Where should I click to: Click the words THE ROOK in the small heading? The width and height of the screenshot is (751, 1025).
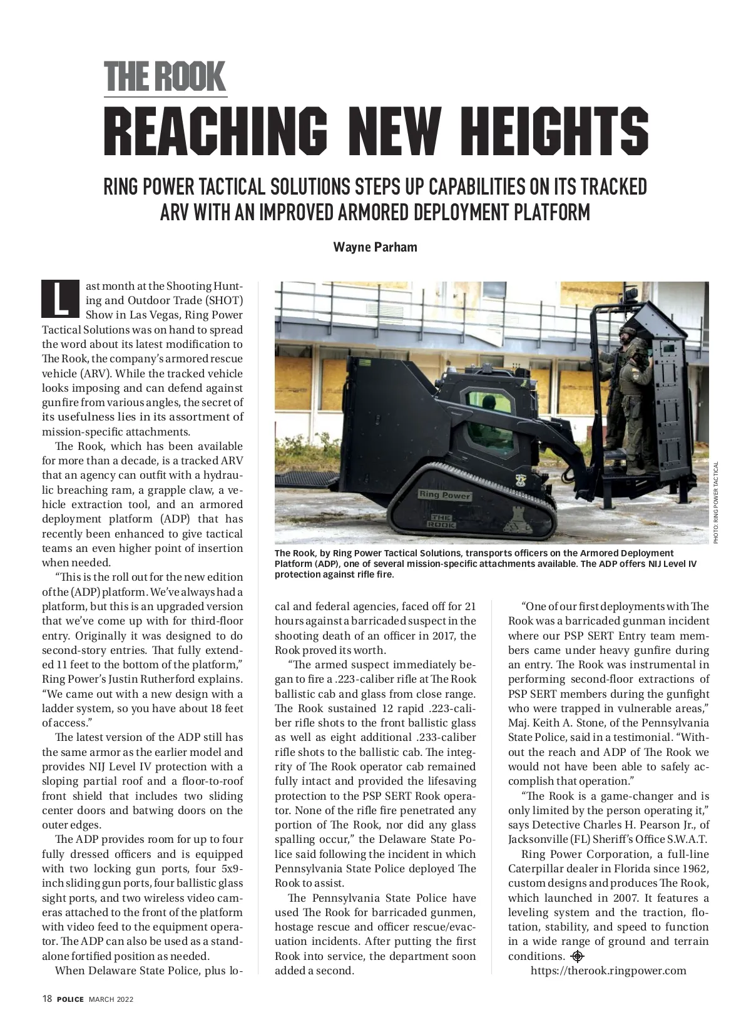165,77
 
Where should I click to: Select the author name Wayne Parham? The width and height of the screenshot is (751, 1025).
375,247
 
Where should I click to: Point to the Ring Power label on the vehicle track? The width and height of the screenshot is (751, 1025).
445,495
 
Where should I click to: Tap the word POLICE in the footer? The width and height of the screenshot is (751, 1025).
70,999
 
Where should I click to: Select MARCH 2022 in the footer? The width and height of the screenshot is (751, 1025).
111,999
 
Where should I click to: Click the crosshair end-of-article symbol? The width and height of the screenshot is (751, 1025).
577,956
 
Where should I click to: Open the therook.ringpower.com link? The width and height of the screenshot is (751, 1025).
608,971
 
